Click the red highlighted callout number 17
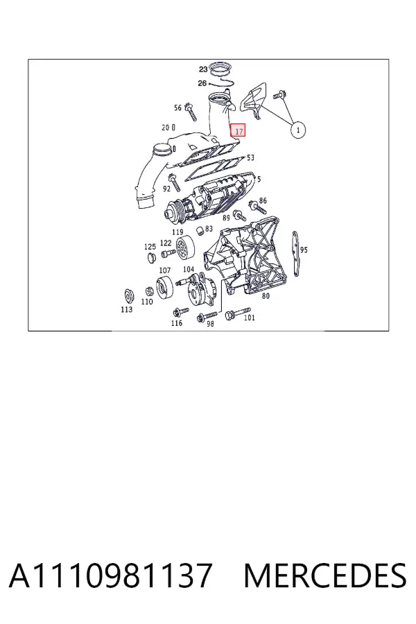coord(238,130)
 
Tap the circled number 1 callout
coord(298,130)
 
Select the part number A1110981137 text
coord(110,575)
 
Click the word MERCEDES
coord(325,575)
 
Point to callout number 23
coord(203,69)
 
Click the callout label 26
coord(202,83)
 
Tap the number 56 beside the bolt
coord(177,107)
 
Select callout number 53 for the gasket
coord(250,157)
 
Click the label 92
coord(166,189)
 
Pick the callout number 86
coord(263,200)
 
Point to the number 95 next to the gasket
coord(304,250)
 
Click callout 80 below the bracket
coord(266,295)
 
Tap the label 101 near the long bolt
coord(249,318)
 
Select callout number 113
coord(127,309)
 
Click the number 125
coord(150,247)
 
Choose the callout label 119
coord(177,232)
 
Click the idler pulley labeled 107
coord(164,286)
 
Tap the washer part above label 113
coord(128,296)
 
